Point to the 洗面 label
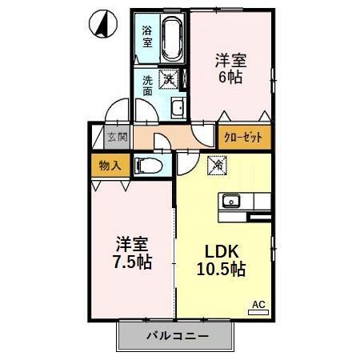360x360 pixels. (x=149, y=86)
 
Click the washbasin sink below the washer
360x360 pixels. (x=178, y=109)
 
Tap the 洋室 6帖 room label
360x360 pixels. (x=230, y=69)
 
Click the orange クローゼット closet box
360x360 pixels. (x=244, y=138)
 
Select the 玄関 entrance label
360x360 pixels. (x=118, y=138)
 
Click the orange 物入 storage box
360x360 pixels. (x=110, y=166)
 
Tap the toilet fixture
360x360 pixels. (x=148, y=166)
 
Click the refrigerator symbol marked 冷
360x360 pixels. (x=217, y=166)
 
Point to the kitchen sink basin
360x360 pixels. (x=232, y=200)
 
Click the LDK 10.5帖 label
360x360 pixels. (x=220, y=258)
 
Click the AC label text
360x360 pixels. (x=258, y=304)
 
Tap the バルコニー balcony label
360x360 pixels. (x=178, y=334)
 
